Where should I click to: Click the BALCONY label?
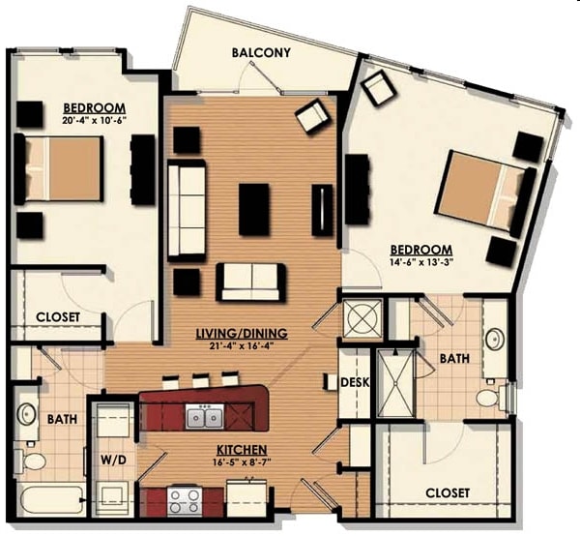(261, 52)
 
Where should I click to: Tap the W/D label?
(113, 461)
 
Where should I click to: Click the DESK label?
(355, 382)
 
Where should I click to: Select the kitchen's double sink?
(204, 416)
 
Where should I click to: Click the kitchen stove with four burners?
(185, 501)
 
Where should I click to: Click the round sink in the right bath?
(495, 340)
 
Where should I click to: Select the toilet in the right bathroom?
(493, 399)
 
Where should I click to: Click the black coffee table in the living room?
(253, 209)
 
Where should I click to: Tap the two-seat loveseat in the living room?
(251, 283)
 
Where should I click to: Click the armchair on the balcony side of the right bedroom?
(379, 87)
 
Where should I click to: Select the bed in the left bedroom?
(58, 168)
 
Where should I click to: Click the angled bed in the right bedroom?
(486, 193)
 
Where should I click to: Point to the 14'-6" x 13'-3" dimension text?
(421, 261)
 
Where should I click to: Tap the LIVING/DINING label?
(242, 333)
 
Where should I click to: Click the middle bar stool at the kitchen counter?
(200, 381)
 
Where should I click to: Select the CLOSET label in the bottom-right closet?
(448, 493)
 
